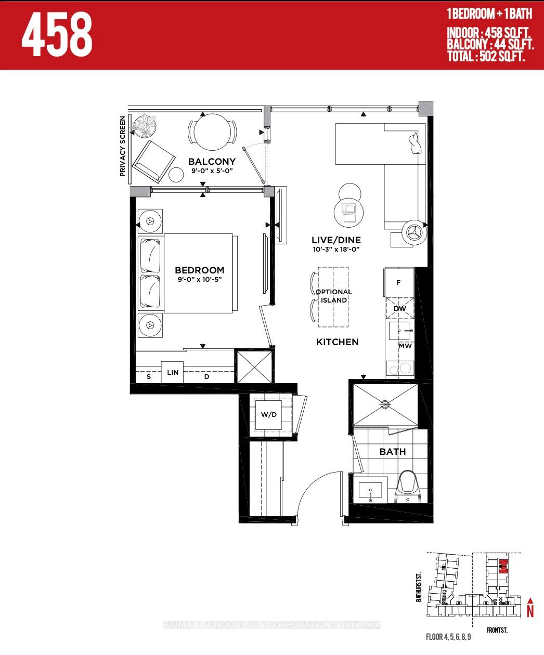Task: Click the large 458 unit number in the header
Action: (57, 34)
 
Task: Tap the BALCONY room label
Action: (212, 162)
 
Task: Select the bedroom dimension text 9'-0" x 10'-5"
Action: (200, 279)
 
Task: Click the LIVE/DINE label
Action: (336, 240)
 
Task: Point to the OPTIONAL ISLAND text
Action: (334, 296)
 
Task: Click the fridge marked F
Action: (399, 282)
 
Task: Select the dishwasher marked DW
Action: (399, 308)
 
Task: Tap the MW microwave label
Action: (405, 346)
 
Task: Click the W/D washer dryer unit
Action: (269, 415)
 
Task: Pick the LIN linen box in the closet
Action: (172, 372)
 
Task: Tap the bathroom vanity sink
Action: (370, 490)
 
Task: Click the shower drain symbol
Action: (385, 404)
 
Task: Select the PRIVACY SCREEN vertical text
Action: (122, 146)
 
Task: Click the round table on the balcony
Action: (212, 132)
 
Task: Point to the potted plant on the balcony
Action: (144, 125)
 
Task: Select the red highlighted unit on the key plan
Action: (503, 566)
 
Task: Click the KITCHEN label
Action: (338, 342)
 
